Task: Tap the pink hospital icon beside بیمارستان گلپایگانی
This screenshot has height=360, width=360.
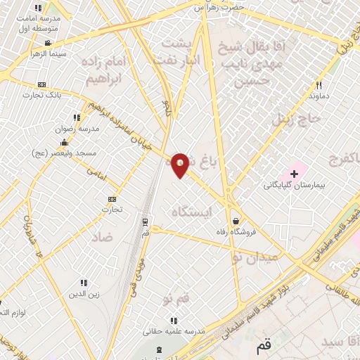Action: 293,172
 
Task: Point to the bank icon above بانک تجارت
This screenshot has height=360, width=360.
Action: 41,84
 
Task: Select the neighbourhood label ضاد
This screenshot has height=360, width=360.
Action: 101,238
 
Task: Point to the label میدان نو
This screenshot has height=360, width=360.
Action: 256,258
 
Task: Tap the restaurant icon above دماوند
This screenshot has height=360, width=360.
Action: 319,85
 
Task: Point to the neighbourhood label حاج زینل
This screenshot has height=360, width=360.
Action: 296,118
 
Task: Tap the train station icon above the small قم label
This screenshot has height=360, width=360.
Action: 145,221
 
